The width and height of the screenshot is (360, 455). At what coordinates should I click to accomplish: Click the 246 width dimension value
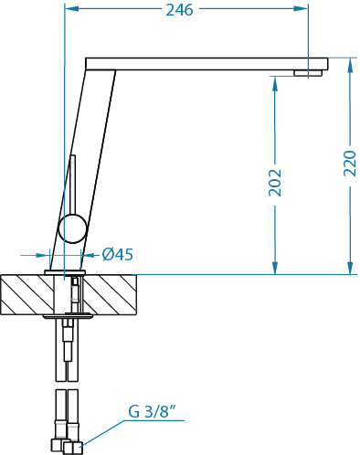tap(179, 10)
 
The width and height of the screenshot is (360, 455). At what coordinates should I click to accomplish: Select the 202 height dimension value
tap(275, 183)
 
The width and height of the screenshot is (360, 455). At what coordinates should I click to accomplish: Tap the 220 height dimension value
tap(350, 164)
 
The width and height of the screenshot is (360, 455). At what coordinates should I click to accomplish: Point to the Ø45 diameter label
tap(118, 254)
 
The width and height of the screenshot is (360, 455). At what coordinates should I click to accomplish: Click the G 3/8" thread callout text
tap(153, 411)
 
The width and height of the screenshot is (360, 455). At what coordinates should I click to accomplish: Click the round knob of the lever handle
tap(72, 228)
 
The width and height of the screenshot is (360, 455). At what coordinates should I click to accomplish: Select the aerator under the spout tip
tap(308, 73)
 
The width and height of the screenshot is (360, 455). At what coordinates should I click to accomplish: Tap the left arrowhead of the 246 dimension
tap(72, 9)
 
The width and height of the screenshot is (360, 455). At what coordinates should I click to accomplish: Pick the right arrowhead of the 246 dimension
tap(302, 9)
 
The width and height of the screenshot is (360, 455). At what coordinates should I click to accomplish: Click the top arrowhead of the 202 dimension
tap(275, 84)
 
